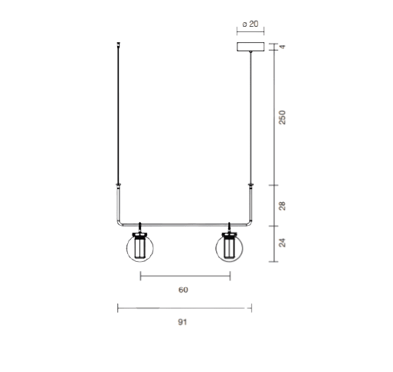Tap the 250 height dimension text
point(283,117)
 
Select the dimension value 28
point(283,205)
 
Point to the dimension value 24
point(283,243)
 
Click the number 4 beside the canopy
point(283,47)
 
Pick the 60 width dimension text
point(183,290)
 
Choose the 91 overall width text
point(183,322)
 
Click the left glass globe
point(139,249)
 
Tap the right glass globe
point(229,249)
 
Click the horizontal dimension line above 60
point(185,276)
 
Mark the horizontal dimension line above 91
point(185,308)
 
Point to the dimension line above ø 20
point(250,33)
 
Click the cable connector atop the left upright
point(118,184)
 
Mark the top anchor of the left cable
point(118,47)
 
